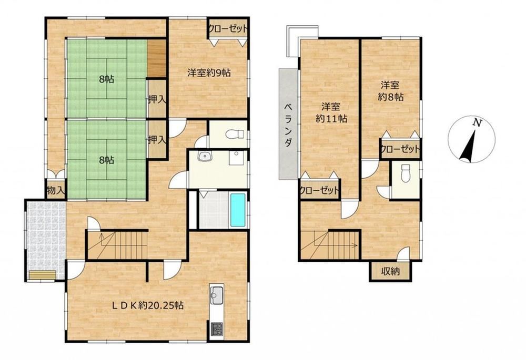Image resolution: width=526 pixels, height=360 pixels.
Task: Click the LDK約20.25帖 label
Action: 148,305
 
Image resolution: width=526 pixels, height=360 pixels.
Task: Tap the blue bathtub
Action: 238,210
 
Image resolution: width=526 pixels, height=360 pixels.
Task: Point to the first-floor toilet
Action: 235,134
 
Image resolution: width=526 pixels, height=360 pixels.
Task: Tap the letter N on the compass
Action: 477,122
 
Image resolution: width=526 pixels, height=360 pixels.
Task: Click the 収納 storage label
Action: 390,271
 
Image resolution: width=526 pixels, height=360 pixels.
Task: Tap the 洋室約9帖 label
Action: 209,73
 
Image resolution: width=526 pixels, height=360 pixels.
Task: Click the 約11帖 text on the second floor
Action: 331,118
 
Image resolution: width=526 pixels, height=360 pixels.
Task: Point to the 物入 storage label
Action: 56,191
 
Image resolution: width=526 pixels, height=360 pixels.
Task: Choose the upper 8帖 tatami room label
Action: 106,79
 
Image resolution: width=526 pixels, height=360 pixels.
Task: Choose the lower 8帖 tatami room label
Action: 106,160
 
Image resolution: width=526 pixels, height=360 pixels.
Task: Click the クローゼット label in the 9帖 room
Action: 228,29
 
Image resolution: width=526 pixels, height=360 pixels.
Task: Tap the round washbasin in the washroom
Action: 204,156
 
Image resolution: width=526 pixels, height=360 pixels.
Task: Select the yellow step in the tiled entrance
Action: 42,275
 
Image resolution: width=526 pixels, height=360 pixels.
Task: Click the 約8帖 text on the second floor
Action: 390,97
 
